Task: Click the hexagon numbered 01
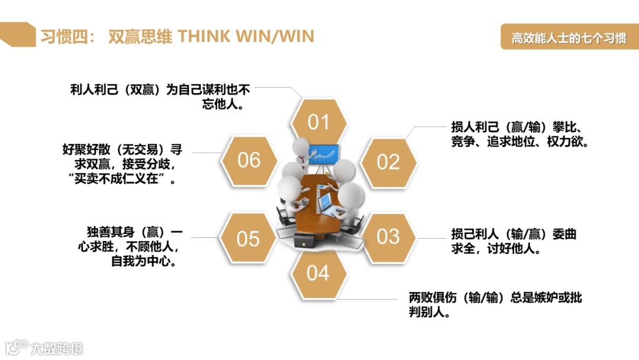point(318,123)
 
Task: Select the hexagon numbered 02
point(388,162)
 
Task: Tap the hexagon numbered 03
point(388,237)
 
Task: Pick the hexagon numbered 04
point(318,273)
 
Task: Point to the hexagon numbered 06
point(248,160)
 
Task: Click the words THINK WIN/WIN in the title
point(246,37)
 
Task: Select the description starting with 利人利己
point(160,97)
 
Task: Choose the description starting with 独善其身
point(135,246)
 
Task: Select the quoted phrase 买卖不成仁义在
point(122,179)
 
